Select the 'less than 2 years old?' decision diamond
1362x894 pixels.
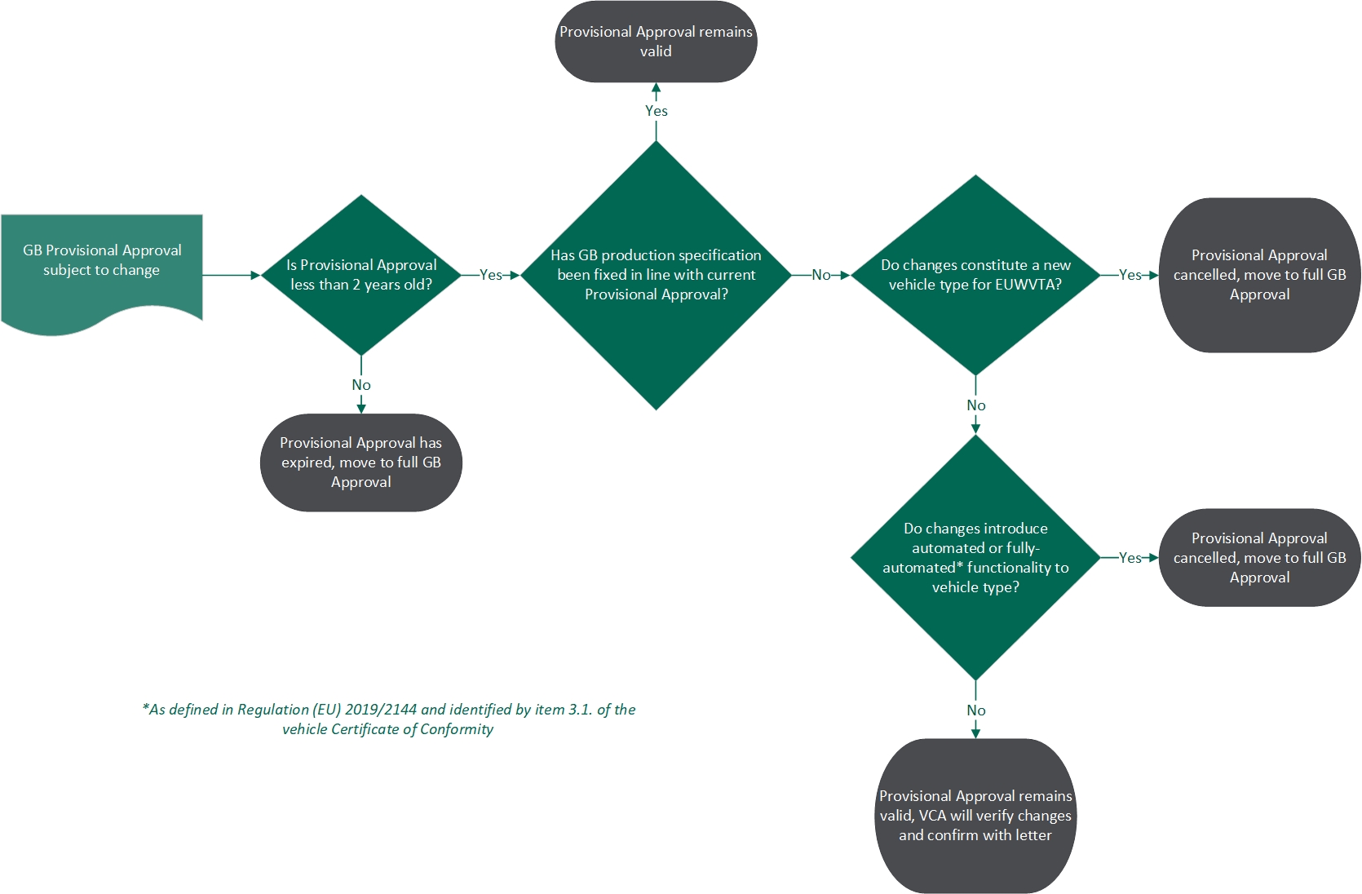coord(361,275)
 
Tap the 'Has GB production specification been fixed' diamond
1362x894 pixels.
coord(656,275)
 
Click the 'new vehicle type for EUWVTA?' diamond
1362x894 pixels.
coord(975,275)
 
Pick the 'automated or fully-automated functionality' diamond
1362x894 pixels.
coord(975,557)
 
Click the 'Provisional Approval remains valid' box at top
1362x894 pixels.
coord(656,42)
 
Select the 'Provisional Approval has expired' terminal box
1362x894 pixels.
coord(361,462)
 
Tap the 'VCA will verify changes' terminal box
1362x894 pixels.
coord(975,816)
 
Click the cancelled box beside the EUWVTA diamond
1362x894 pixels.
coord(1259,275)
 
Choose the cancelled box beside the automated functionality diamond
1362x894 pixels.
coord(1259,557)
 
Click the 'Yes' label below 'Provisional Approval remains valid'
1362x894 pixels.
coord(656,111)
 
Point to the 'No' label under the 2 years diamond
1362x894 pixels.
coord(361,385)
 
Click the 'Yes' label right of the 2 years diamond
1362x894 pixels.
coord(490,275)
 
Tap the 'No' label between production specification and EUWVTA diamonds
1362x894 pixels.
coord(820,275)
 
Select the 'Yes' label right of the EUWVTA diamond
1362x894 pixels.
coord(1130,275)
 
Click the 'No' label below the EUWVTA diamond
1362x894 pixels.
coord(975,405)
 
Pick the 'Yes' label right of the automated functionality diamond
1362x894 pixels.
coord(1130,558)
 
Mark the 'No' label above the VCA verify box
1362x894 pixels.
coord(975,710)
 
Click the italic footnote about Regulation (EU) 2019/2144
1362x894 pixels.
coord(388,719)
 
